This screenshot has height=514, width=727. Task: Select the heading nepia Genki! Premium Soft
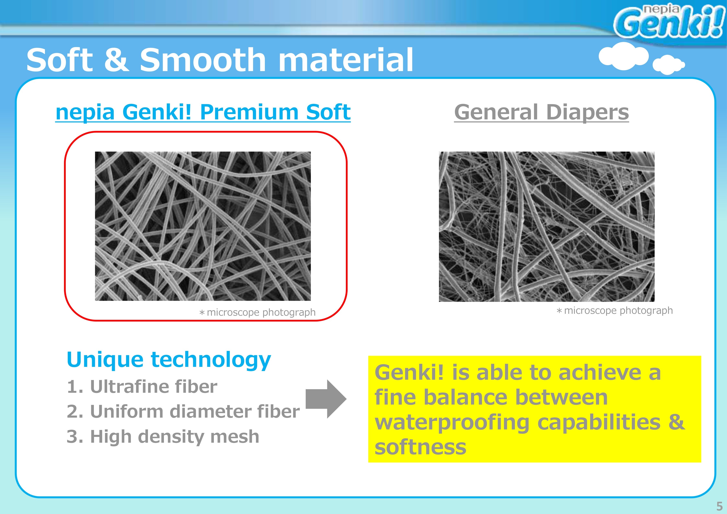click(x=203, y=112)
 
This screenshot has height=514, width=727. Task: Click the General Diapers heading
click(x=542, y=112)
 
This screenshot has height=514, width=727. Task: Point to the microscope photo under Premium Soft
click(x=203, y=226)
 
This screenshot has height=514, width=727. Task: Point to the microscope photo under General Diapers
click(x=546, y=227)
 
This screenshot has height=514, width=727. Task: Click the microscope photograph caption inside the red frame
click(x=257, y=313)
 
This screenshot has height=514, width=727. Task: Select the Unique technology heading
click(x=169, y=360)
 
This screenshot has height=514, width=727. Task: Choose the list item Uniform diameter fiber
click(x=183, y=411)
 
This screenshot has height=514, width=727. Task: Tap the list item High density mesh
click(x=163, y=437)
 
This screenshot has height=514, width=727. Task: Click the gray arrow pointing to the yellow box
click(x=326, y=399)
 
